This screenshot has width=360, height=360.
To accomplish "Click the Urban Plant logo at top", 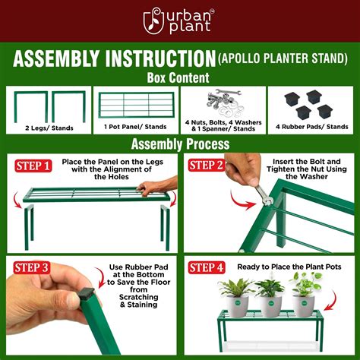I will [x=180, y=21].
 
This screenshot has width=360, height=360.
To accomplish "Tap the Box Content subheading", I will [x=180, y=78].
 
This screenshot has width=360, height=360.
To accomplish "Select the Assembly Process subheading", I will [x=180, y=144].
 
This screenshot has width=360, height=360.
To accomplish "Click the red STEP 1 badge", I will [x=32, y=165].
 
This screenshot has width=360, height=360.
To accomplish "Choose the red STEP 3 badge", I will [x=32, y=267].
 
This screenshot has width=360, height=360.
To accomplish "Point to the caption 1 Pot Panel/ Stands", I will [x=135, y=128].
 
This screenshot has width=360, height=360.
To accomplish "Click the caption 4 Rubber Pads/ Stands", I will [x=312, y=128].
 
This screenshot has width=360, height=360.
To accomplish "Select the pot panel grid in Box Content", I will [x=134, y=105].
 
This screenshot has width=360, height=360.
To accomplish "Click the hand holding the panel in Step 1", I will [x=155, y=187].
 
